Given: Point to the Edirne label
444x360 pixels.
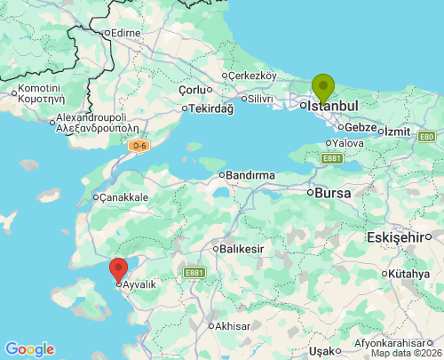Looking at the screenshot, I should coord(123,33).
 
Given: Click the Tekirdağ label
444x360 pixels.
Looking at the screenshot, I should coord(210,108).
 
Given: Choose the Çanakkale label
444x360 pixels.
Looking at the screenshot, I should coord(123,196).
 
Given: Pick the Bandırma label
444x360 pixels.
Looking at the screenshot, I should coord(250,175).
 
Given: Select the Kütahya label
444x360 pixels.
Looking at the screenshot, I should coord(408,274).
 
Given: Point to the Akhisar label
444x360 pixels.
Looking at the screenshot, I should coord(234,325).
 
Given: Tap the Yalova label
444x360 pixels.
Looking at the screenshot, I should coord(347,142).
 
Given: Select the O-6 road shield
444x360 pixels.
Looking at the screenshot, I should coord(137,145).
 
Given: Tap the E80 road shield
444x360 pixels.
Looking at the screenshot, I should coord(426,136).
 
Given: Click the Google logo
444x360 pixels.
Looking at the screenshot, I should coord(29,349).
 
